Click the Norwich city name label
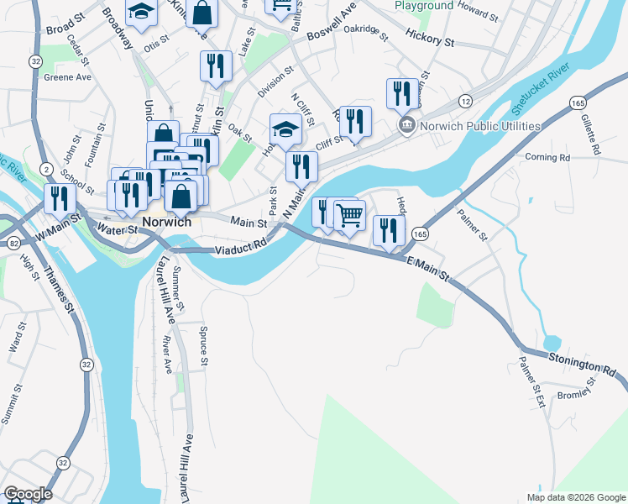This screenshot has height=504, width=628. [x=167, y=223]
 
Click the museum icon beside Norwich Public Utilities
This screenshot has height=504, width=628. [x=406, y=126]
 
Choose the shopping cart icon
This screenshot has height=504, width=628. [x=350, y=215]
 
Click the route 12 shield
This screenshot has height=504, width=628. [x=464, y=101]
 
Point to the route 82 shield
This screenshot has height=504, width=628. [x=13, y=243]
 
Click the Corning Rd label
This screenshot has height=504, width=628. [x=547, y=157]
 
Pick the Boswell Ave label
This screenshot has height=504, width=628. [x=332, y=32]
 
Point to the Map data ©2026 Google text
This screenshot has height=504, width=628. [x=575, y=497]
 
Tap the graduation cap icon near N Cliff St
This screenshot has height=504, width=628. [x=285, y=129]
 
